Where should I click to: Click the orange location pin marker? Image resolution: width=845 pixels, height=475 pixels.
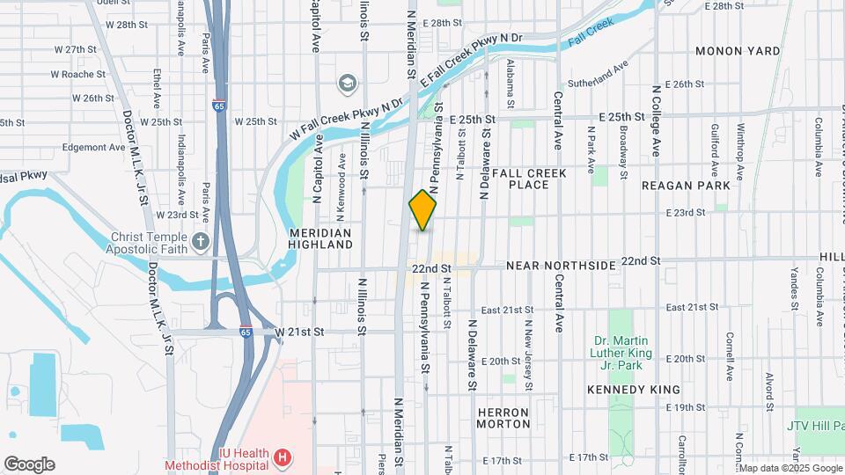[x=422, y=210]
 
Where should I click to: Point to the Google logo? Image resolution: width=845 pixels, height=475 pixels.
[x=29, y=464]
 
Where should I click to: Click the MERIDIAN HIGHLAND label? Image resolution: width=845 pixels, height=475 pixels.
[x=320, y=238]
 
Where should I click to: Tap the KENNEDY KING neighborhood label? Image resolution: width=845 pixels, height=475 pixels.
[x=634, y=389]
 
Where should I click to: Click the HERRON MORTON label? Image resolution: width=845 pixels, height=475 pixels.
[x=503, y=418]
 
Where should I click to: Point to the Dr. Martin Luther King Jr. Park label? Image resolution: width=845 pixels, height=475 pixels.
[x=621, y=354]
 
